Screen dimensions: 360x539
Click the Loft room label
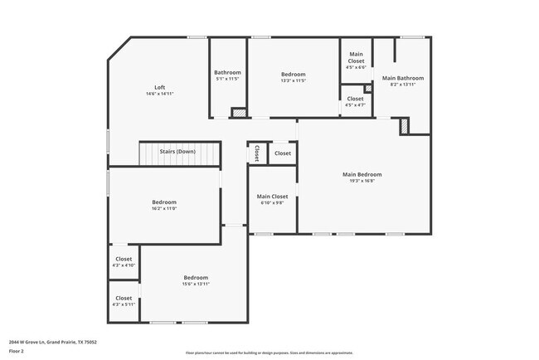pyautogui.click(x=159, y=88)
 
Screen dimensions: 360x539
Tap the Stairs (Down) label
pyautogui.click(x=177, y=152)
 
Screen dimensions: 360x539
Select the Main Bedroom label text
pyautogui.click(x=362, y=174)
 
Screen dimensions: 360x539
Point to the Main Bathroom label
pyautogui.click(x=402, y=78)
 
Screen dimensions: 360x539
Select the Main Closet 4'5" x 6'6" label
pyautogui.click(x=355, y=57)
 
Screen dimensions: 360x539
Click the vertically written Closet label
pyautogui.click(x=257, y=153)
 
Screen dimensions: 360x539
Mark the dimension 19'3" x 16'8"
pyautogui.click(x=362, y=180)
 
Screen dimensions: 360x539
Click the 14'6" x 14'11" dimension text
pyautogui.click(x=159, y=94)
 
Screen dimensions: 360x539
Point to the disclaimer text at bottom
pyautogui.click(x=269, y=353)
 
